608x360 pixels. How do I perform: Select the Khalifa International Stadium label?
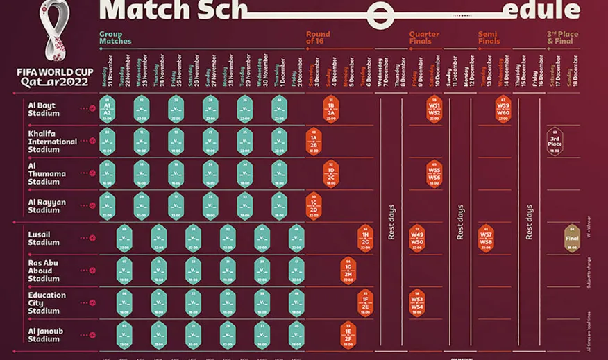52,142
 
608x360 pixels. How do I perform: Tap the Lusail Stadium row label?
44,239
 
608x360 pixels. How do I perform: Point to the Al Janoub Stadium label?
45,335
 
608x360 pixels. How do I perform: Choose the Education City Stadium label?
47,302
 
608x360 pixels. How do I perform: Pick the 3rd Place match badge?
555,142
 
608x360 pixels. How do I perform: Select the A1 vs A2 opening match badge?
107,109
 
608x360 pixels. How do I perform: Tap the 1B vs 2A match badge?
331,109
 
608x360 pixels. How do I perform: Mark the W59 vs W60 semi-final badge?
503,109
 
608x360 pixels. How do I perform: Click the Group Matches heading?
115,37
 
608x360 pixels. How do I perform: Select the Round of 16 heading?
319,37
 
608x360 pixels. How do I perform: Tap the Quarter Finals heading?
424,37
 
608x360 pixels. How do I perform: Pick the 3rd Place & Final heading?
563,37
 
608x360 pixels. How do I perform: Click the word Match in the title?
138,10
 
